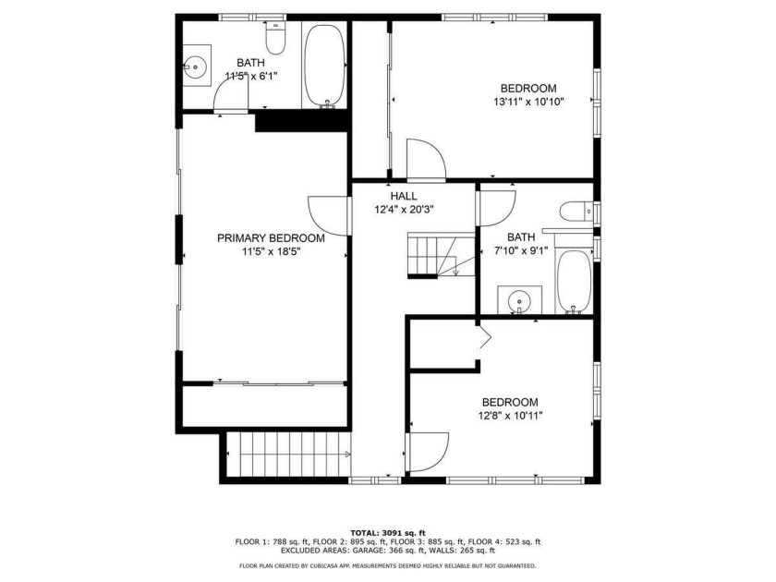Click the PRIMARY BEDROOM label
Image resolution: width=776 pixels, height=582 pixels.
[x=271, y=238]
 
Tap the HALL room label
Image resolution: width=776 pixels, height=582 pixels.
[x=404, y=197]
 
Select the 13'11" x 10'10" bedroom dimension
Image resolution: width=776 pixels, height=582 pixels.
[x=528, y=102]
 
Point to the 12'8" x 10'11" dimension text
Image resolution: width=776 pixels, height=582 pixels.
[x=510, y=416]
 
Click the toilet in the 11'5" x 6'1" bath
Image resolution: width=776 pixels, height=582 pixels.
[x=276, y=38]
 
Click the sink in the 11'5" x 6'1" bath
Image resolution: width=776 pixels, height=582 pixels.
[x=196, y=66]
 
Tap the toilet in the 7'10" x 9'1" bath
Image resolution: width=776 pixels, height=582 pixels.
[x=576, y=212]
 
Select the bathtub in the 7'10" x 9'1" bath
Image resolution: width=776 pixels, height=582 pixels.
[x=574, y=281]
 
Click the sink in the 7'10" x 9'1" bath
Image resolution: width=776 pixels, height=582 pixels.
[x=519, y=300]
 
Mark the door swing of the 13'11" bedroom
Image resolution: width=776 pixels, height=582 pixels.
[x=426, y=159]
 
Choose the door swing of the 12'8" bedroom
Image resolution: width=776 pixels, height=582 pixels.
[x=427, y=453]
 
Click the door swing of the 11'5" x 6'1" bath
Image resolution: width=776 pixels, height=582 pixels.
[x=231, y=95]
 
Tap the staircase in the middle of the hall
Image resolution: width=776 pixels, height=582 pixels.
[x=441, y=255]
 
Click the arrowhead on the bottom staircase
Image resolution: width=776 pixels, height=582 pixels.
[x=347, y=455]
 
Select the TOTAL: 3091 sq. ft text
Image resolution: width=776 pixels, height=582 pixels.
[x=388, y=533]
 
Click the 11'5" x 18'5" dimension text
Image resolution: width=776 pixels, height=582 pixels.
[x=272, y=251]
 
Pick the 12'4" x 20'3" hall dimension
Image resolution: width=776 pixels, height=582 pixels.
[x=404, y=210]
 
